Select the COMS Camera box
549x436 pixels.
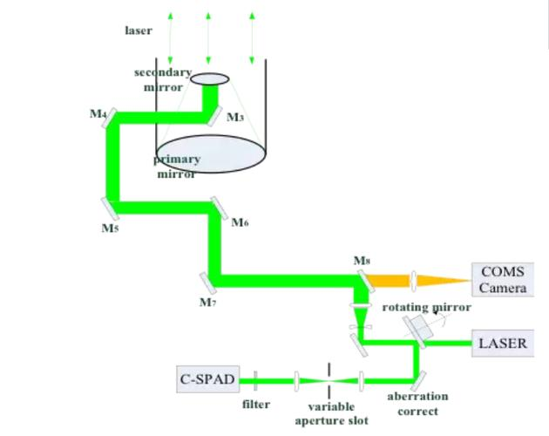point(503,279)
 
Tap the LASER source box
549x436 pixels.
point(503,343)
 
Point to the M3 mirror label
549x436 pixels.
point(234,117)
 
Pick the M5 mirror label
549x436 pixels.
point(109,228)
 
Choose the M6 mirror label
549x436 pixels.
point(241,222)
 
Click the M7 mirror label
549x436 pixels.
point(207,302)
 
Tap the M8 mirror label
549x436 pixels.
point(362,260)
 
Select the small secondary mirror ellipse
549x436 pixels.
point(210,79)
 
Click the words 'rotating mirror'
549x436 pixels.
point(427,307)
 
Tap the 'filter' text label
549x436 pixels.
point(255,404)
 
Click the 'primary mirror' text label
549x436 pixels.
point(177,166)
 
